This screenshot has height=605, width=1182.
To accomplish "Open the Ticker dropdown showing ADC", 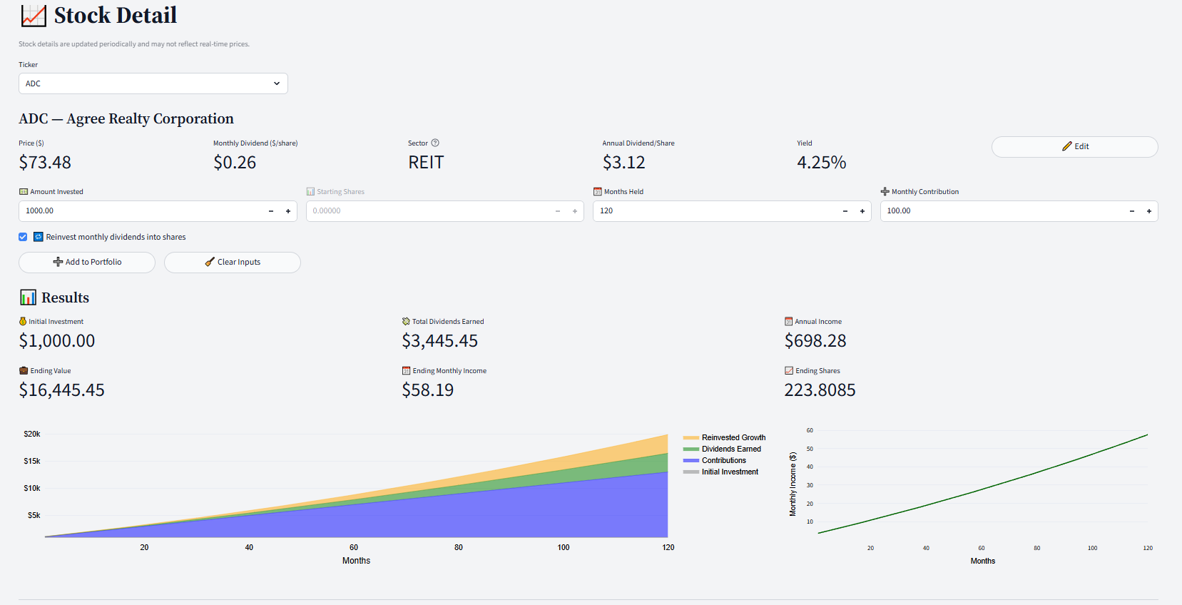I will coord(153,83).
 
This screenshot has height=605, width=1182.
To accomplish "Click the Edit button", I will coord(1074,146).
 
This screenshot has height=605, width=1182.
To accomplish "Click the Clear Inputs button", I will coord(233,262).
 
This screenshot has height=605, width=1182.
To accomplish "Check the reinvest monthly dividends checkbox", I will coord(23,237).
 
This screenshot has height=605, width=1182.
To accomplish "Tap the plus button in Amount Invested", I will coord(288,211).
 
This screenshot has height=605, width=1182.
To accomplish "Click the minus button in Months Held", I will coord(845,211).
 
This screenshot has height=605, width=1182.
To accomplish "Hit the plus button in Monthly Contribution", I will coord(1148,211).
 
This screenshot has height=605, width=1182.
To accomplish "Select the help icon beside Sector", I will coord(435,143).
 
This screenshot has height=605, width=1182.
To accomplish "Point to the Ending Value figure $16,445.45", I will coord(62,390).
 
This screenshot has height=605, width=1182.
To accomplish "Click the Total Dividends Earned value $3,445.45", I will coord(439,341).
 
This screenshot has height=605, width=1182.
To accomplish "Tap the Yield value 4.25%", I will coord(821,163).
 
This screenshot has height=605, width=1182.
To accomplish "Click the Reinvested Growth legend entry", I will coord(733,437).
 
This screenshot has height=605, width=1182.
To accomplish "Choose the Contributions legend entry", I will coord(723,460).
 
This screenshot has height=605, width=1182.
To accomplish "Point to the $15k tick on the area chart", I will coord(32,461).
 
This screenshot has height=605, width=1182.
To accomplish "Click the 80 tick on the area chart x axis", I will coord(459,547).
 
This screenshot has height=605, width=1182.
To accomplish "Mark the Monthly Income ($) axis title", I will coord(793,484).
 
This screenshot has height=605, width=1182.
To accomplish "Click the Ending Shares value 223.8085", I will coord(820,390).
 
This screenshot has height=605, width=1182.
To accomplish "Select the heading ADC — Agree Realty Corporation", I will coord(126,118).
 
